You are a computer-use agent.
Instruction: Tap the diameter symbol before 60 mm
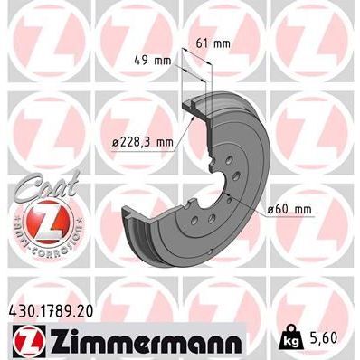pyautogui.click(x=270, y=212)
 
